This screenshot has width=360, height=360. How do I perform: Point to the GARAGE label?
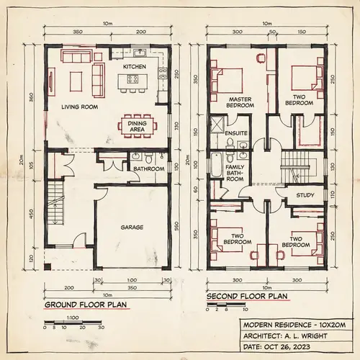(x=132, y=227)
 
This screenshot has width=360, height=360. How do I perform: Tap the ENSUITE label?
(x=236, y=134)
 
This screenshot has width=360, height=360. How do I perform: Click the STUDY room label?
(x=305, y=194)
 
